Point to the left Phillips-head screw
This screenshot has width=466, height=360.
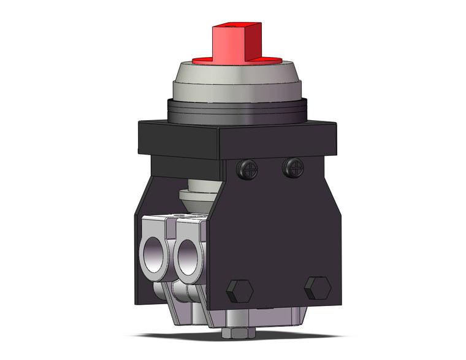pos(250,167)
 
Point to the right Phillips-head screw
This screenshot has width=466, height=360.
pos(292,167)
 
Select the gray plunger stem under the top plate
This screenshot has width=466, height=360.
pos(197,196)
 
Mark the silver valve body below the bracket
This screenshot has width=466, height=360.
pos(264,318)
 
